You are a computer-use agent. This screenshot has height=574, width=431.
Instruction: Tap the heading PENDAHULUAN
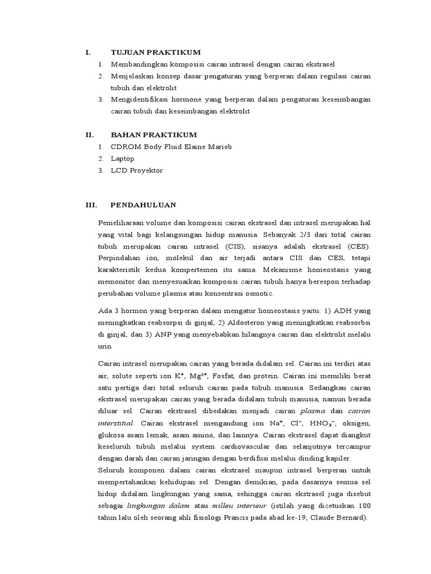144,206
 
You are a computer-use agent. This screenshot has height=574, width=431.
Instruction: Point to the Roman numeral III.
91,206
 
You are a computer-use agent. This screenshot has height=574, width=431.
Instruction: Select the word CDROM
125,147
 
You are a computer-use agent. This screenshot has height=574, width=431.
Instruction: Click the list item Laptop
122,159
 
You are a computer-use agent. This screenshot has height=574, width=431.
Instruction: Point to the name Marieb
219,147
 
